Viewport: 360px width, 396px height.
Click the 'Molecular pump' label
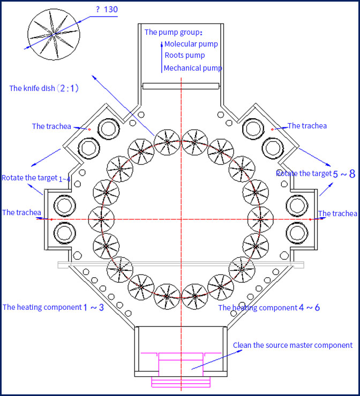(x=191, y=44)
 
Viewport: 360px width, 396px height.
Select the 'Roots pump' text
(x=184, y=55)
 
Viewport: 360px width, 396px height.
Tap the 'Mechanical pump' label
(x=192, y=68)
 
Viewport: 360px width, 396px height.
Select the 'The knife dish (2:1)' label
(x=44, y=88)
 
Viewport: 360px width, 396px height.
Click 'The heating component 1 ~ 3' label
(x=53, y=307)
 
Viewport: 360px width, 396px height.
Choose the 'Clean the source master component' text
(x=292, y=345)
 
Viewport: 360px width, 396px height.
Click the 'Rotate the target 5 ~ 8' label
(x=315, y=173)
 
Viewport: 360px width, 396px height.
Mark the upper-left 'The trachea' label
(x=51, y=126)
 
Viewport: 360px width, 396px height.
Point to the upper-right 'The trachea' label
(x=307, y=126)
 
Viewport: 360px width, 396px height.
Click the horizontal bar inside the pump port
(x=181, y=86)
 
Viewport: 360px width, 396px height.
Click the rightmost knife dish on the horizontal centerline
(x=261, y=219)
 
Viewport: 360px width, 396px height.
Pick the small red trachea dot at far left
(x=51, y=219)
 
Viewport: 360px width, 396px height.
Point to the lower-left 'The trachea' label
(x=21, y=212)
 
